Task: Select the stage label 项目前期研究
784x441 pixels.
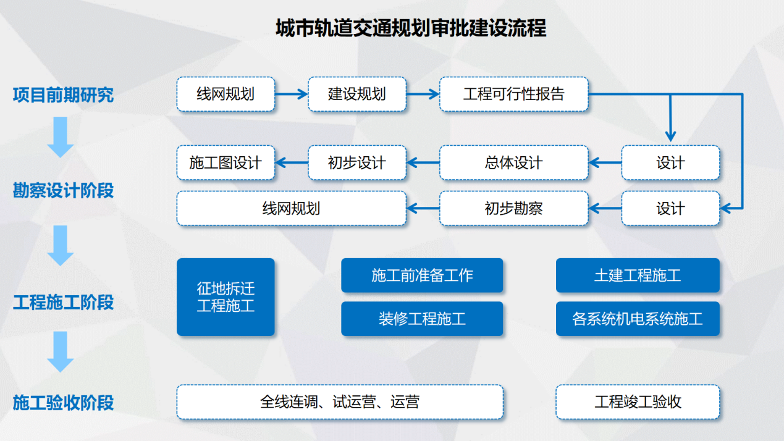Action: (x=63, y=95)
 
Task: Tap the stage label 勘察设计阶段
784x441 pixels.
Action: (x=63, y=191)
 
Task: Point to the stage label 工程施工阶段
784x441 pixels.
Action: (x=63, y=303)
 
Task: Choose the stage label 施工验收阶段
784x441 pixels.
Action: (x=63, y=403)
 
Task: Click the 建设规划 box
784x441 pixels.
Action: (x=357, y=94)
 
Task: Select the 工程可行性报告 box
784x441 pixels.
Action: (x=513, y=94)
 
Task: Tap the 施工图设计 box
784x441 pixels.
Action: (x=226, y=163)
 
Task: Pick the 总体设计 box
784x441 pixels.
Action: (x=513, y=163)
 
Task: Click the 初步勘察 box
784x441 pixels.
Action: (x=513, y=209)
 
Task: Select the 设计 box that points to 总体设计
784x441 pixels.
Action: (x=670, y=163)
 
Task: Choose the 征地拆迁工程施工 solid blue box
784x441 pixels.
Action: (x=226, y=297)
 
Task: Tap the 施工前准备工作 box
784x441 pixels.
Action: (x=422, y=275)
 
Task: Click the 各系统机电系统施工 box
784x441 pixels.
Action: (x=638, y=319)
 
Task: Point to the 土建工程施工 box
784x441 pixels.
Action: (x=638, y=275)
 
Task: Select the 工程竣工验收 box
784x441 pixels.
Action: (x=638, y=402)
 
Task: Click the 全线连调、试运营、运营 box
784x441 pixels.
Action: (x=340, y=402)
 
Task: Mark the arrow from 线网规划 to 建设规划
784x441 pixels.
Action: (x=291, y=94)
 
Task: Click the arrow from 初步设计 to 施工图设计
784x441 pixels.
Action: (x=291, y=163)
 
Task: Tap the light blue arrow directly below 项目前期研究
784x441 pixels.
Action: (x=61, y=137)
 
